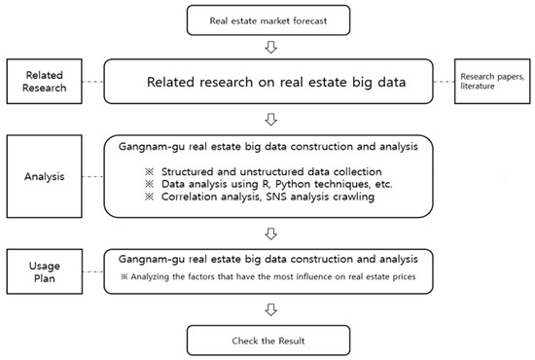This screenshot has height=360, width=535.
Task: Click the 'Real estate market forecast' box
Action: click(x=269, y=18)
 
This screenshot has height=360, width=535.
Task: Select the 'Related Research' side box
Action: click(x=47, y=81)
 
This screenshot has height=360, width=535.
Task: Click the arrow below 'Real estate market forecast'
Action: click(x=269, y=45)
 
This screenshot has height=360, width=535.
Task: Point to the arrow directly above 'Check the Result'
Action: click(x=269, y=310)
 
